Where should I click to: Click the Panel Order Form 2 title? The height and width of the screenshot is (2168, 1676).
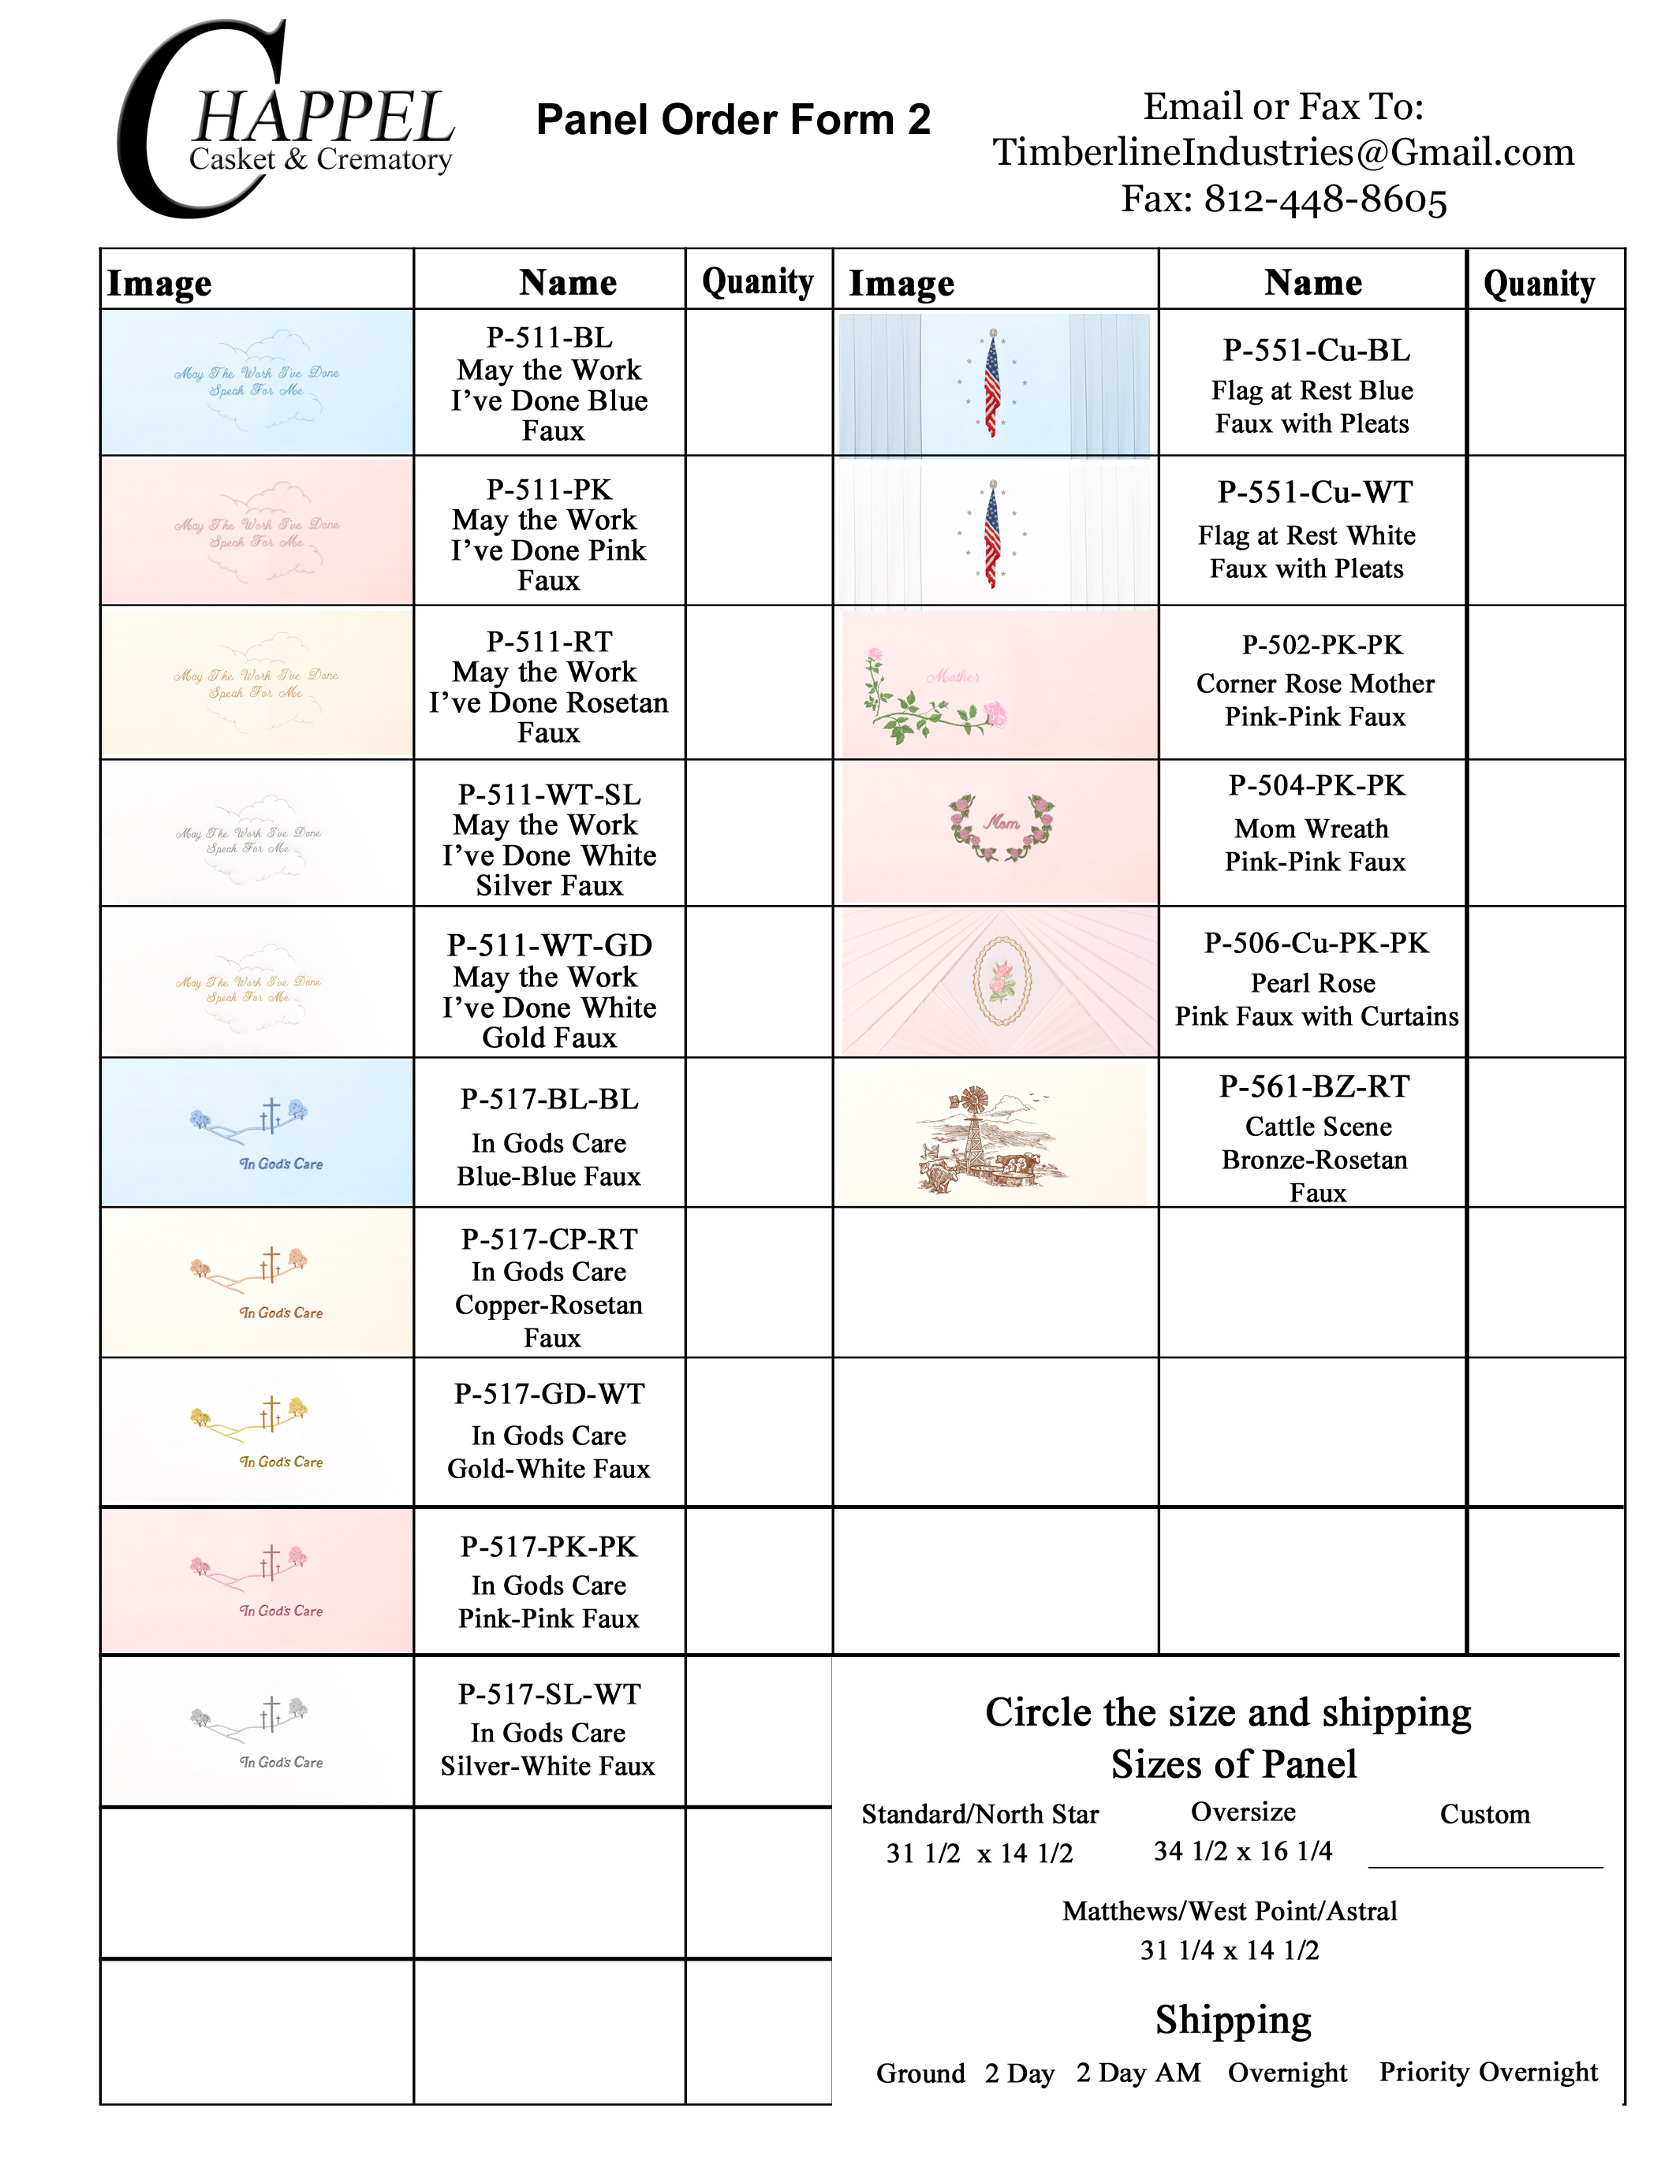pyautogui.click(x=733, y=120)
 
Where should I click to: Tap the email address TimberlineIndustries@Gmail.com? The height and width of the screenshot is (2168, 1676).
pyautogui.click(x=1282, y=152)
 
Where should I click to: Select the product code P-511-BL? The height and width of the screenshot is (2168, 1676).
pyautogui.click(x=549, y=337)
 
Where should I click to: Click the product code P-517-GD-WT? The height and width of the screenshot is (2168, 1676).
pyautogui.click(x=549, y=1394)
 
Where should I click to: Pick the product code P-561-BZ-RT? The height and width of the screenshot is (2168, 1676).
pyautogui.click(x=1314, y=1087)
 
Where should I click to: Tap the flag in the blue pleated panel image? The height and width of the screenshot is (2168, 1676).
pyautogui.click(x=992, y=383)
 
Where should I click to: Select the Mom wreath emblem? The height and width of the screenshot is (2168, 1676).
pyautogui.click(x=1001, y=826)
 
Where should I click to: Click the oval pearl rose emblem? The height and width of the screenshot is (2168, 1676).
pyautogui.click(x=1001, y=981)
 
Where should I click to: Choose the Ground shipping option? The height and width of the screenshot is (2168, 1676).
pyautogui.click(x=920, y=2073)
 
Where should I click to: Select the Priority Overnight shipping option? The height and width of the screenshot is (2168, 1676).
pyautogui.click(x=1487, y=2073)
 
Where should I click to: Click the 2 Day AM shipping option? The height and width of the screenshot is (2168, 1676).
pyautogui.click(x=1138, y=2073)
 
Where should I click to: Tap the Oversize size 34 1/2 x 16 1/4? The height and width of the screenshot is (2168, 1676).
pyautogui.click(x=1242, y=1851)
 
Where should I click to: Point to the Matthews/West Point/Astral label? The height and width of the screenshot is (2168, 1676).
pyautogui.click(x=1230, y=1912)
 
